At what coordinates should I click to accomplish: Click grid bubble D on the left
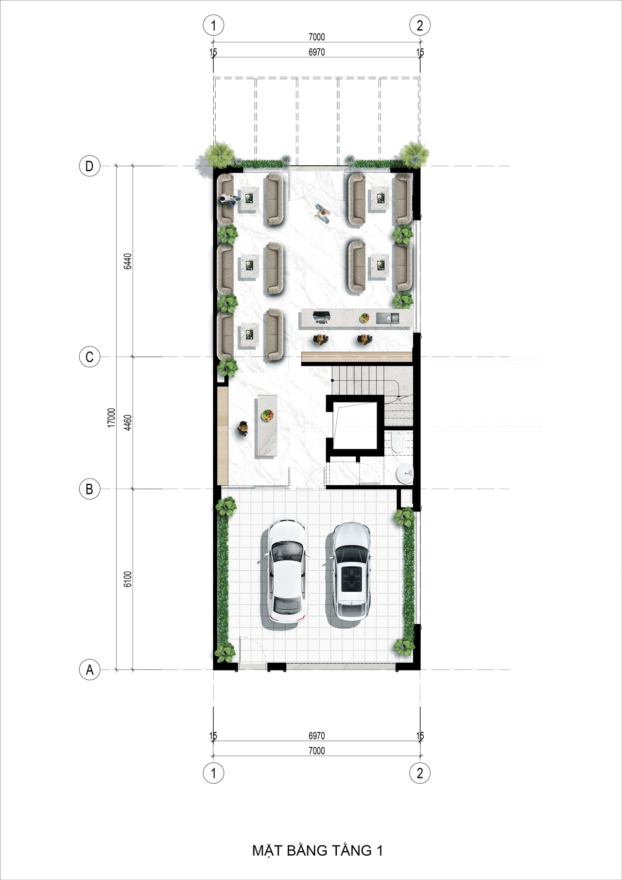(89, 166)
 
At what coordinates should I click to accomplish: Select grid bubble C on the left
(89, 357)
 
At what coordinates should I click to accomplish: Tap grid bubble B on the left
(89, 489)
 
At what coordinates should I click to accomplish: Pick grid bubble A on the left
(89, 670)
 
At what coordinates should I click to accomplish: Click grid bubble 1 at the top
(213, 25)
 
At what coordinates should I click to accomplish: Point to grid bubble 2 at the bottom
(420, 773)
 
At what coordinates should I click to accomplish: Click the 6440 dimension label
(128, 262)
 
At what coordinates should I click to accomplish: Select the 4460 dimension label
(128, 422)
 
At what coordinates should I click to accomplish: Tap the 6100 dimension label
(128, 579)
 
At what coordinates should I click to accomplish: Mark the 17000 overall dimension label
(112, 418)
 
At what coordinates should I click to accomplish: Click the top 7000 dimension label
(316, 37)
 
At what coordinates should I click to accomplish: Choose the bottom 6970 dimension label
(316, 736)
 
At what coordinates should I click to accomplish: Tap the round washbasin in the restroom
(404, 474)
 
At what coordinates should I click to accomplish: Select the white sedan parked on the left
(286, 572)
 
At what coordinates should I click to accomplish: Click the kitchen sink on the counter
(387, 318)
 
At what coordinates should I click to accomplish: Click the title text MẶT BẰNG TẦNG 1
(317, 850)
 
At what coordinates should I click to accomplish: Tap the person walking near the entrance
(323, 213)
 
